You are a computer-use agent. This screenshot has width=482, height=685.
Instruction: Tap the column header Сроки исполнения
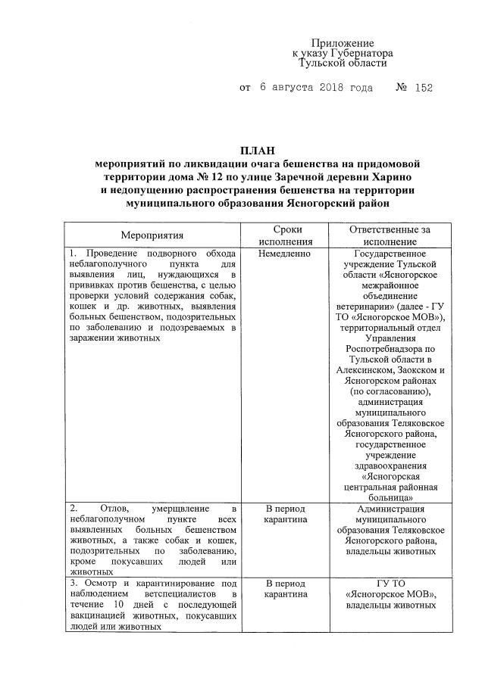point(285,235)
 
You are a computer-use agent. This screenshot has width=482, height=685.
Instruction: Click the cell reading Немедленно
point(285,253)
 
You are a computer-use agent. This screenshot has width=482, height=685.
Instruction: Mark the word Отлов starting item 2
point(102,508)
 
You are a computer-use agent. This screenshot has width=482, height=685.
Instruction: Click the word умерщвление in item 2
point(177,508)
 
